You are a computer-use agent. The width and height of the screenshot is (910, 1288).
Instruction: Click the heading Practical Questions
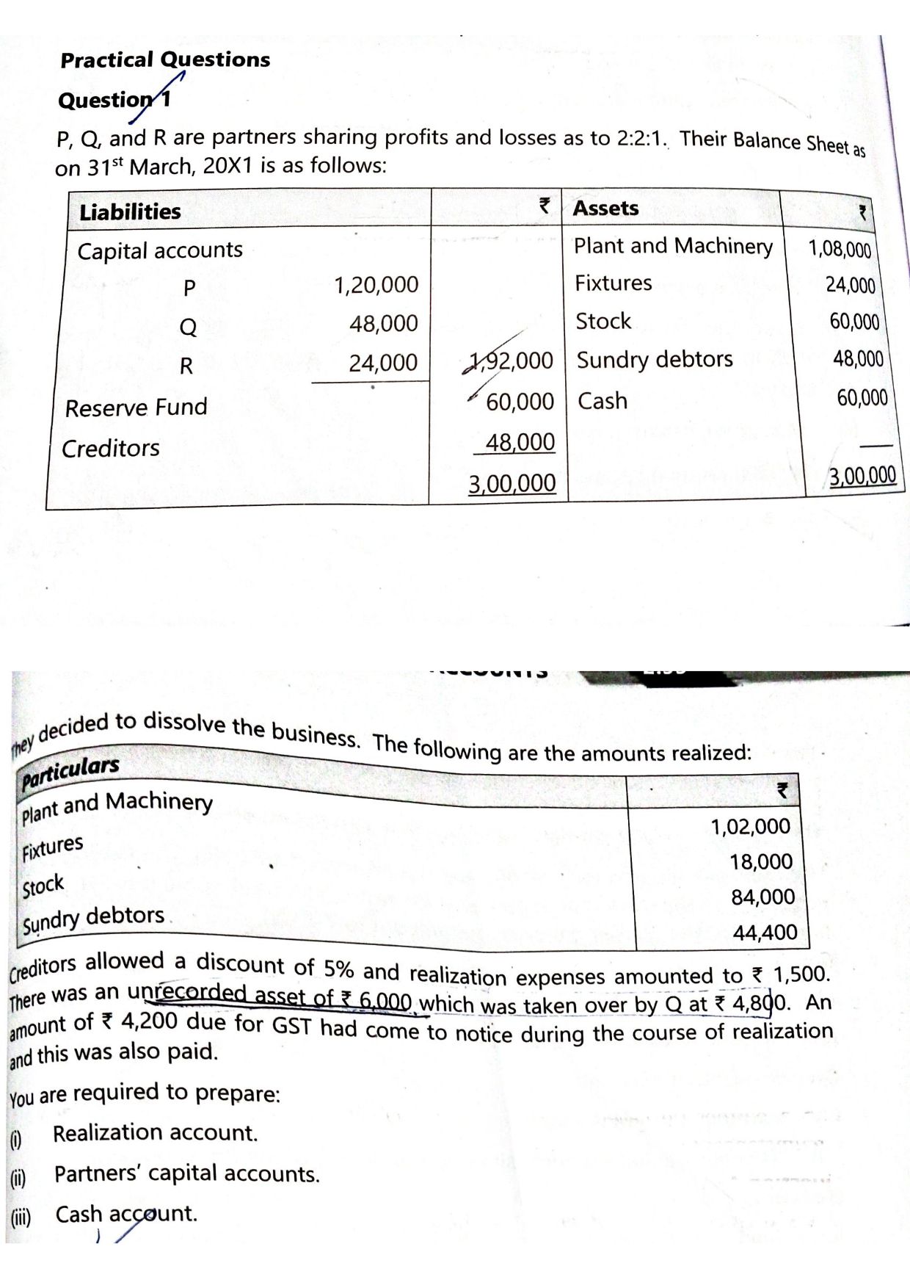pos(165,59)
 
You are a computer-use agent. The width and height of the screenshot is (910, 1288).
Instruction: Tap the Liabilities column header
pos(130,211)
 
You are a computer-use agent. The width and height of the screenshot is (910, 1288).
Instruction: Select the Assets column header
pos(605,209)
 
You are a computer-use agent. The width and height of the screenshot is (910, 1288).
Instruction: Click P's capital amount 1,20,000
pos(376,285)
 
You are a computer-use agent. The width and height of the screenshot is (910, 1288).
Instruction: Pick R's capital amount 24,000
pos(382,363)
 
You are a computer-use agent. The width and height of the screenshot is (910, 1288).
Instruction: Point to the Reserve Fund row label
pos(136,407)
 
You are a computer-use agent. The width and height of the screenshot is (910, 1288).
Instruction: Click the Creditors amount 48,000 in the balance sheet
pos(520,442)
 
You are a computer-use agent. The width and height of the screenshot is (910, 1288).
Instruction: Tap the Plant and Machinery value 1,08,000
pos(840,249)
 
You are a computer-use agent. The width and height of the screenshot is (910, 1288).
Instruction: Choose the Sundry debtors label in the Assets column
pos(655,360)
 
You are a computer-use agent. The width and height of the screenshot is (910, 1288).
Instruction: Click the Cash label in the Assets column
pos(603,401)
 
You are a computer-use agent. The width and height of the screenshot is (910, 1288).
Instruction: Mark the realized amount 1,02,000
pos(750,827)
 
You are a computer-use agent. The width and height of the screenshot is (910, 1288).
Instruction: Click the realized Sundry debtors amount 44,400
pos(765,933)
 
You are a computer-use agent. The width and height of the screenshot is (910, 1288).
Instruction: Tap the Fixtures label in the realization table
pos(52,848)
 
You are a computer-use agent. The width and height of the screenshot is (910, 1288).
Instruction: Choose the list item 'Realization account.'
pos(155,1133)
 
